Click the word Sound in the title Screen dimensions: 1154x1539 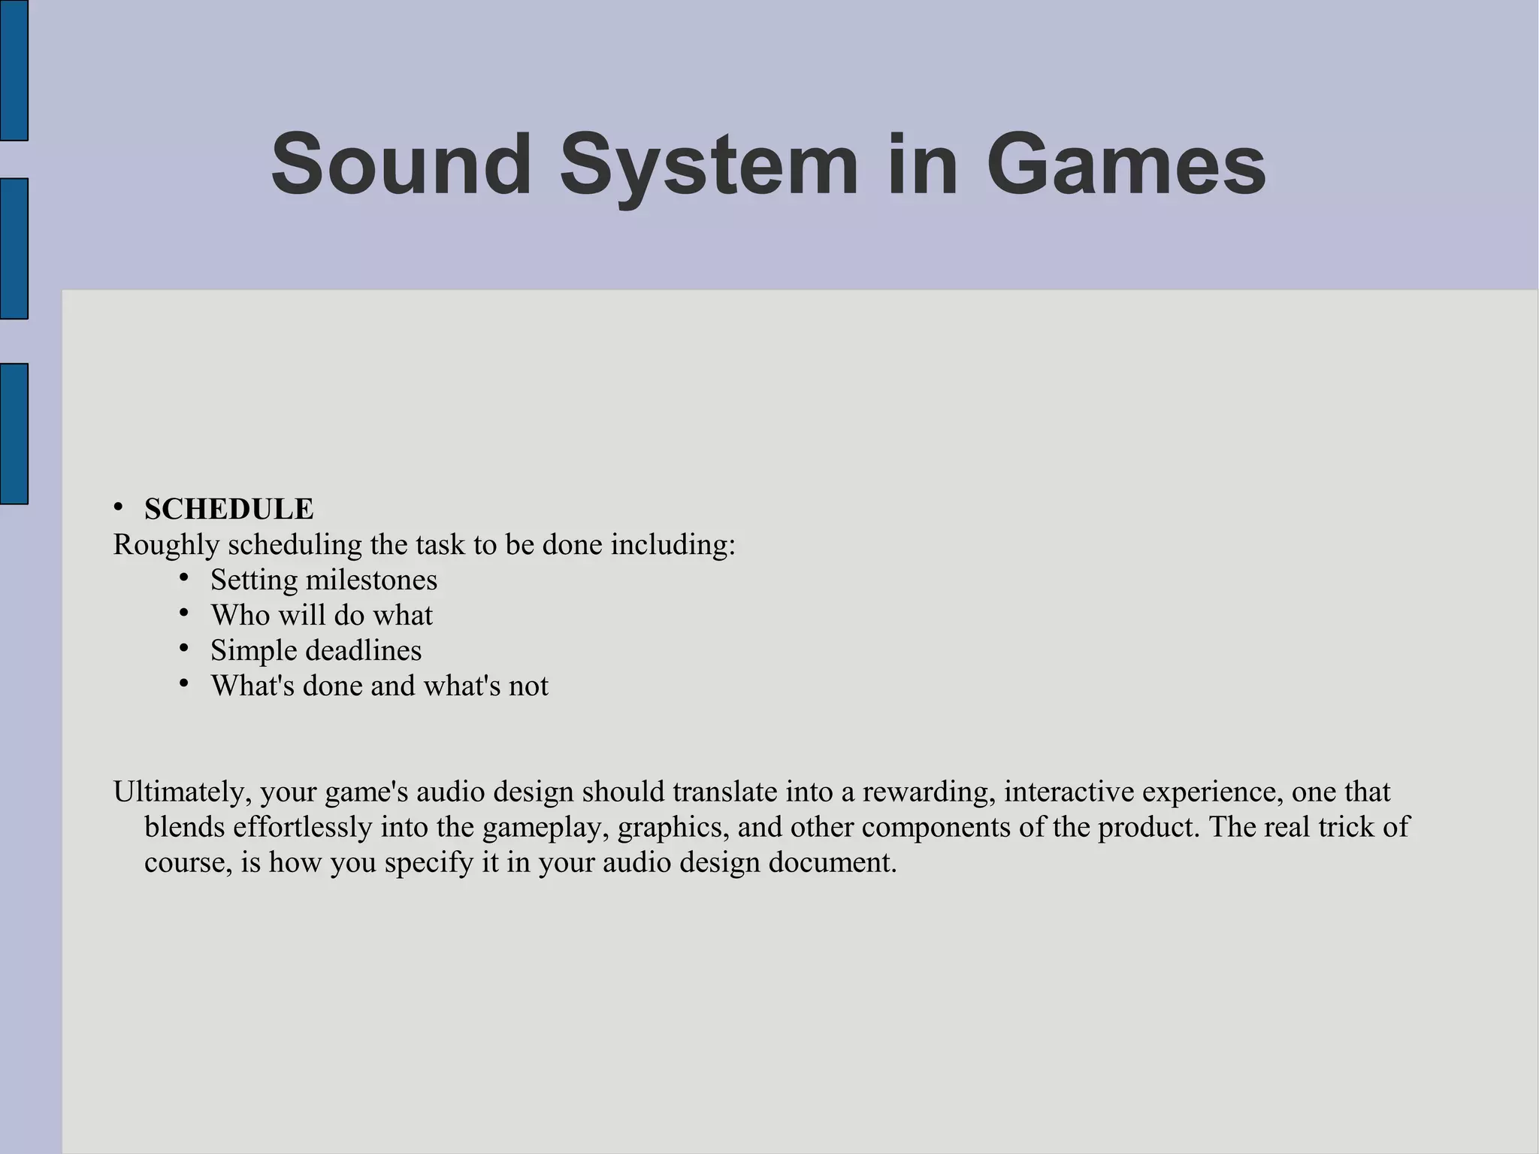[x=401, y=164]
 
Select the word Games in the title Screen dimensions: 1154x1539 [x=1125, y=164]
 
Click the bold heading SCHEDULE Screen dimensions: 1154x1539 [x=228, y=509]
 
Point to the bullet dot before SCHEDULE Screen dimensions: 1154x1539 [x=119, y=507]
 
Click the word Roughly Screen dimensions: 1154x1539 [x=166, y=545]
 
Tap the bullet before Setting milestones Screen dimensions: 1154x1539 [x=184, y=577]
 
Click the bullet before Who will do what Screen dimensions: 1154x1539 [x=184, y=613]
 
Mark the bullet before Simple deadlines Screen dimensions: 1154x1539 [x=184, y=647]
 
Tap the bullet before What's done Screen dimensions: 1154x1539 [x=184, y=683]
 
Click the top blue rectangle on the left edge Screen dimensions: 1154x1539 [x=14, y=70]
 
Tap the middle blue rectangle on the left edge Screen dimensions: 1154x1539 [x=14, y=249]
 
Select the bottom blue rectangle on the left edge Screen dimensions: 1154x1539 [x=14, y=434]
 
